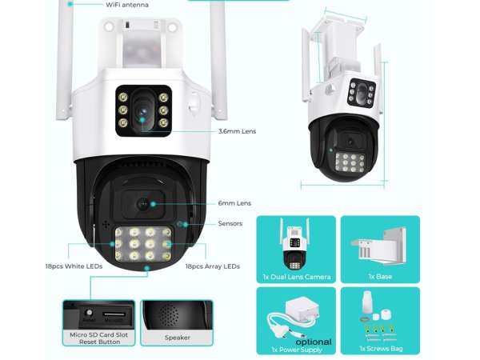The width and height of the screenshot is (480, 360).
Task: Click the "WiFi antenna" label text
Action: click(127, 5)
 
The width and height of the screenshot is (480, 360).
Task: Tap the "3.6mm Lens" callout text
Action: click(238, 131)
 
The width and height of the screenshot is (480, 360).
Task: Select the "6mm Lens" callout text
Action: click(234, 203)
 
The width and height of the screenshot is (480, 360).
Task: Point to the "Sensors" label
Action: click(230, 223)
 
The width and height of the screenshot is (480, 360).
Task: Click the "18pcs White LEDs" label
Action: click(74, 266)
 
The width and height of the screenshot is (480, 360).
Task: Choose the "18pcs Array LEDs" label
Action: click(213, 266)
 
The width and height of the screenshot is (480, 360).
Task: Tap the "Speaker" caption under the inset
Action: click(178, 338)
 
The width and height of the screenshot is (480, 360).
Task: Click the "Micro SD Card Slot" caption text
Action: click(99, 335)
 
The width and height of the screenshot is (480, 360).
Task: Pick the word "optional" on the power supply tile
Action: click(314, 342)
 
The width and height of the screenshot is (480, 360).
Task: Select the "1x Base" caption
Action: click(380, 277)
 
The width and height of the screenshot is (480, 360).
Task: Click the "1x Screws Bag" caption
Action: click(381, 348)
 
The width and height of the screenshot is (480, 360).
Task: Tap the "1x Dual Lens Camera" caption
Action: click(297, 277)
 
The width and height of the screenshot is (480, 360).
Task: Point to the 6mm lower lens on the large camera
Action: click(142, 204)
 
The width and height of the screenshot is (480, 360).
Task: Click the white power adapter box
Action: click(302, 309)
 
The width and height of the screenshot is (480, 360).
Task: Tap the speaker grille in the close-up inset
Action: click(170, 315)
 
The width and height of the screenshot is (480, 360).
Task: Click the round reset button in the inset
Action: click(89, 313)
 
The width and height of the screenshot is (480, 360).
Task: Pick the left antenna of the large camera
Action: click(64, 60)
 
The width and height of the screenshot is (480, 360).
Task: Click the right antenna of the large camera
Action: click(218, 60)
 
